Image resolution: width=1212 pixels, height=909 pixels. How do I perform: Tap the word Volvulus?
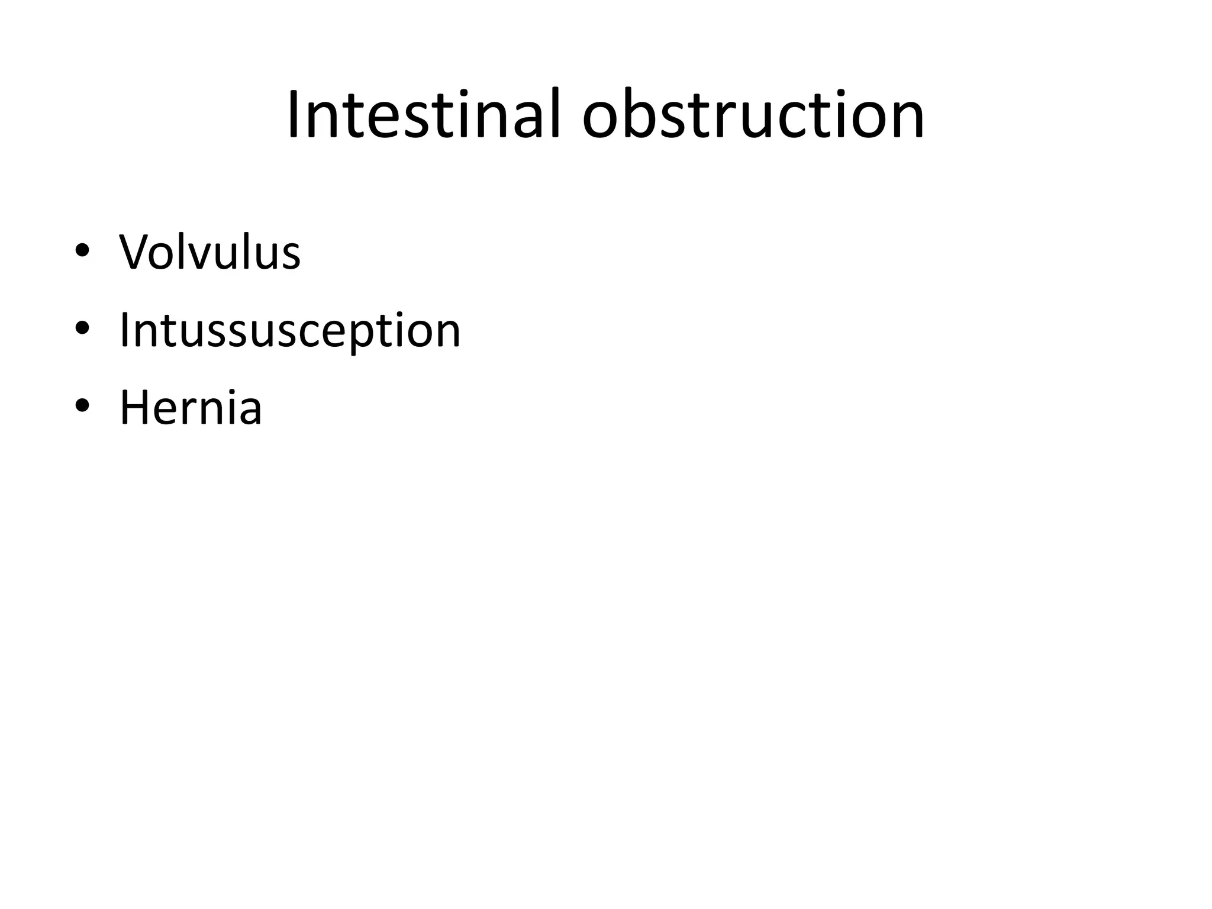click(210, 253)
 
